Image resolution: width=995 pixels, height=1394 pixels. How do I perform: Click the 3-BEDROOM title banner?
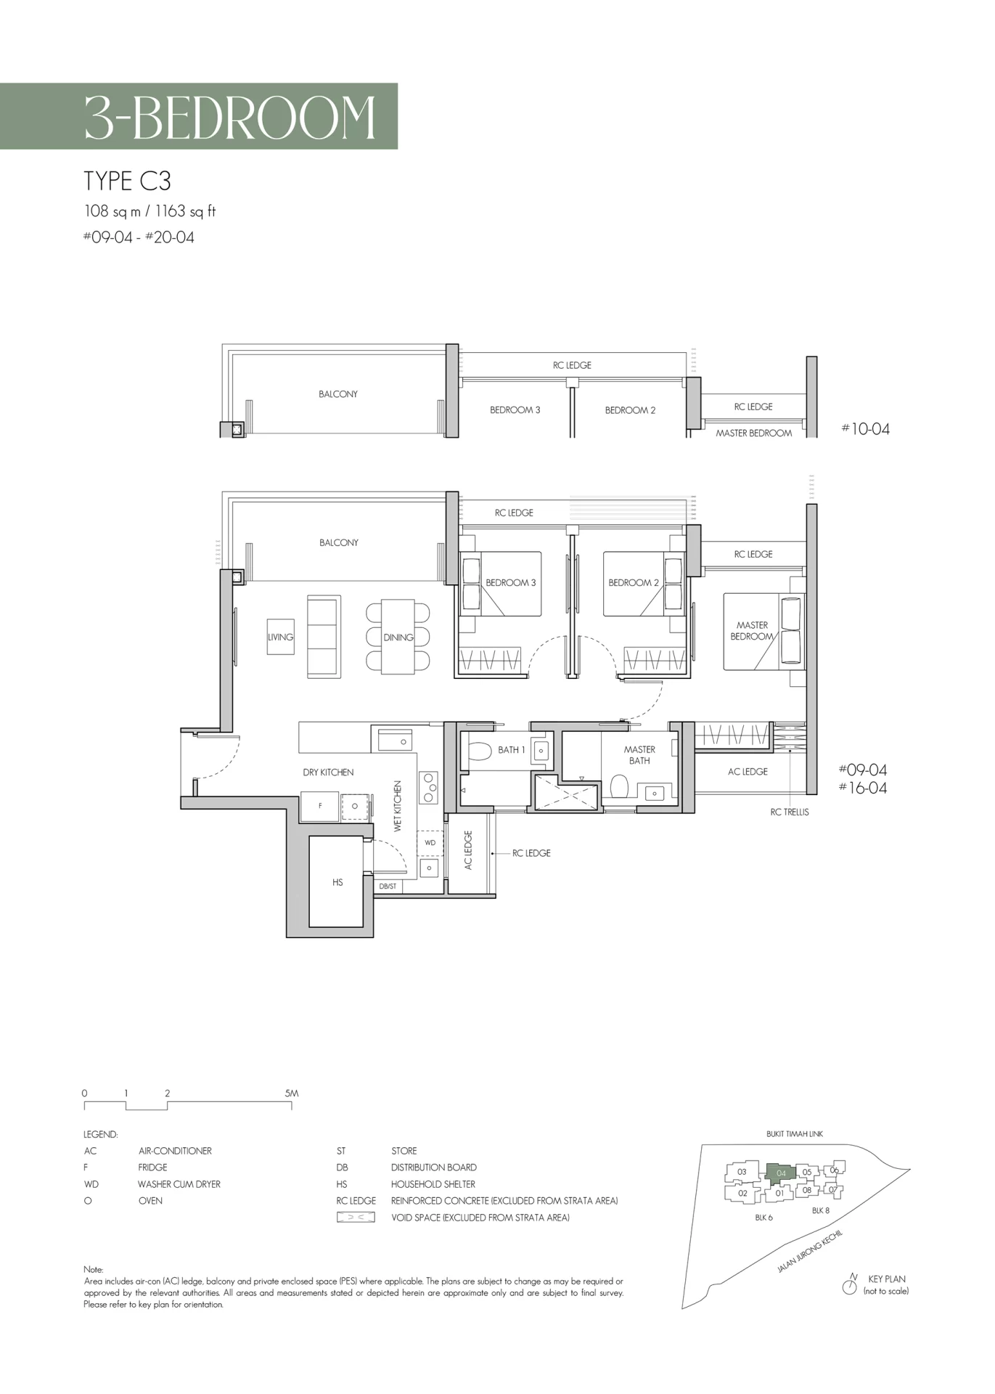199,116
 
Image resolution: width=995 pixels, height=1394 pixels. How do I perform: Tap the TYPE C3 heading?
128,181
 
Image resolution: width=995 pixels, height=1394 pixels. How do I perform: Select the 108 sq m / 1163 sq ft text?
150,212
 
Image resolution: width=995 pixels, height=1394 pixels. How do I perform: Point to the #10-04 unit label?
865,429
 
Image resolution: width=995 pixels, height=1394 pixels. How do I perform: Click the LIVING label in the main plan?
280,637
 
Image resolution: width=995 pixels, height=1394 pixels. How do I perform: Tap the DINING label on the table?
398,637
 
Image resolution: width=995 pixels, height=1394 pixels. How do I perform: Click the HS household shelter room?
337,881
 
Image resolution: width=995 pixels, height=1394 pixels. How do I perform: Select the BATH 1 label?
511,750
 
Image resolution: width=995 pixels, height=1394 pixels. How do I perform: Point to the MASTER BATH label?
639,755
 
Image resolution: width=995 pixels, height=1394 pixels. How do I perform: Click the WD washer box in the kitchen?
430,843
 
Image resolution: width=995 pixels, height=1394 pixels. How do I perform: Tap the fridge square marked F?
320,806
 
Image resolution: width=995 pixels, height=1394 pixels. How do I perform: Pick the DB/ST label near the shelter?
388,886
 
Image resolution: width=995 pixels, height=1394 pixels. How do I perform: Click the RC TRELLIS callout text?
790,812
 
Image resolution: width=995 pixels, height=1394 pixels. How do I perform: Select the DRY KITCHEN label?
328,773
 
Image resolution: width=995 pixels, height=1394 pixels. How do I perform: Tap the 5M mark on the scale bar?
291,1093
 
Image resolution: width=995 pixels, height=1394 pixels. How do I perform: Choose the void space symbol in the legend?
356,1218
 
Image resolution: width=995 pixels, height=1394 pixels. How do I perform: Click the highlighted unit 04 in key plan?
781,1173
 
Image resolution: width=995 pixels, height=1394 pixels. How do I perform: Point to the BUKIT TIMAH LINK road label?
795,1134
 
